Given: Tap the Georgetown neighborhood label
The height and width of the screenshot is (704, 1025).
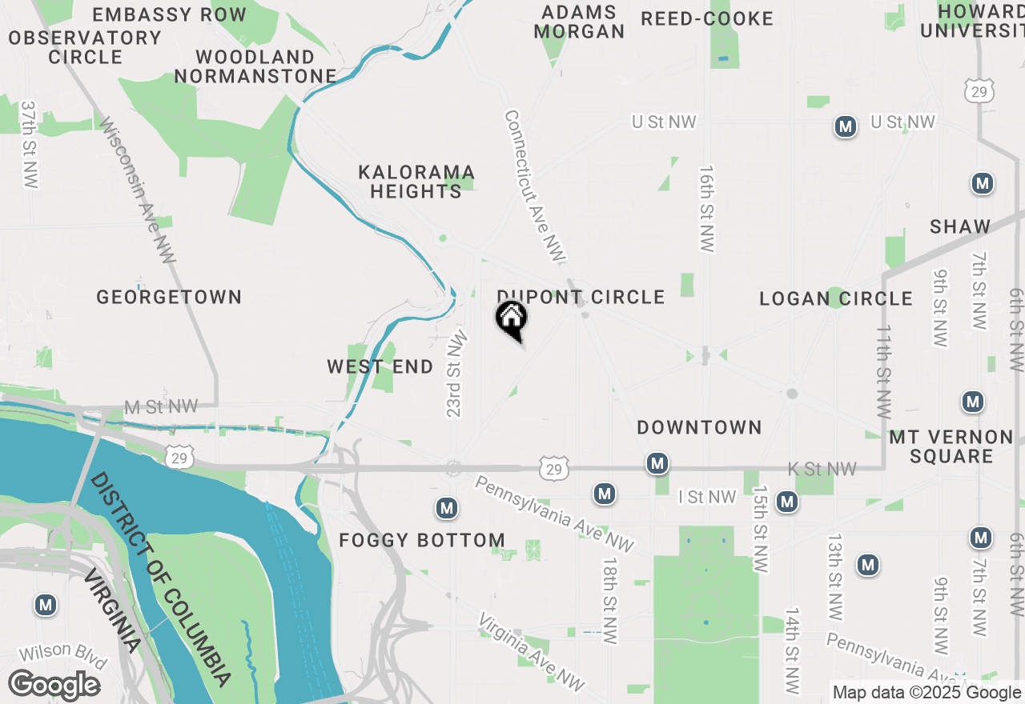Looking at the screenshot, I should tap(169, 298).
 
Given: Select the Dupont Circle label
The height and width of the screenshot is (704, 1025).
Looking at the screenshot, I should tap(581, 298).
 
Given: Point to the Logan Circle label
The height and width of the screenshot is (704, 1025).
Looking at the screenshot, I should tap(836, 299).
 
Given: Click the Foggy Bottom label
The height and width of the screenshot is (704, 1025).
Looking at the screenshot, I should tap(422, 541).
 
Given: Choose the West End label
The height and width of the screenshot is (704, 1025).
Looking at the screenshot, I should tap(380, 367).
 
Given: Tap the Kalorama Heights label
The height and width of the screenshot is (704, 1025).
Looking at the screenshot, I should tap(416, 182).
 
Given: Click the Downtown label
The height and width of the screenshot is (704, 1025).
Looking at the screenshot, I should tap(699, 428).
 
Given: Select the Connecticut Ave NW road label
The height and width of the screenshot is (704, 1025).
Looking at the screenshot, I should tap(534, 186).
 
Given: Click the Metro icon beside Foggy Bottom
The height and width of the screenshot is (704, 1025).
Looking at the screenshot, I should tap(447, 508).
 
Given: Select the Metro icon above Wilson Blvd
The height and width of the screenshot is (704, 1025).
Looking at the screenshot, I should tap(46, 606).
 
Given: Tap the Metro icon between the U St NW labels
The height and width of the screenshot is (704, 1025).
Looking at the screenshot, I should tap(846, 126).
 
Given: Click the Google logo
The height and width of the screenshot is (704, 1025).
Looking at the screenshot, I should tap(54, 686).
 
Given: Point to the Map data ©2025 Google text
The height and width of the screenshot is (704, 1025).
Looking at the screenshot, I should tap(927, 693).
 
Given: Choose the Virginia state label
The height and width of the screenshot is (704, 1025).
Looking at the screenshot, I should tap(112, 612).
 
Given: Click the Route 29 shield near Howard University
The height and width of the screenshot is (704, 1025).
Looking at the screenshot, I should tap(979, 90).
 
